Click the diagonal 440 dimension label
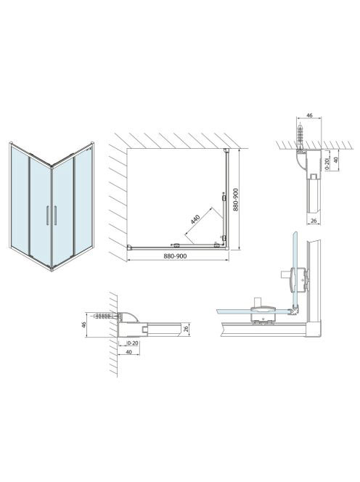[x=195, y=219]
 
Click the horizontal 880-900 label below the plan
[x=175, y=256]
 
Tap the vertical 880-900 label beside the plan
[x=236, y=200]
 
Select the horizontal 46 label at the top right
[x=309, y=115]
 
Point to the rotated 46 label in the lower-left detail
[x=84, y=324]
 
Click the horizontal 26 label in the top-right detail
[x=314, y=221]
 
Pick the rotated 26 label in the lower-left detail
[x=185, y=330]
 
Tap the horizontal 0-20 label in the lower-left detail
[x=133, y=343]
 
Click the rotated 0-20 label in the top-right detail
[x=327, y=163]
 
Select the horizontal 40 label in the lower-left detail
[x=128, y=351]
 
